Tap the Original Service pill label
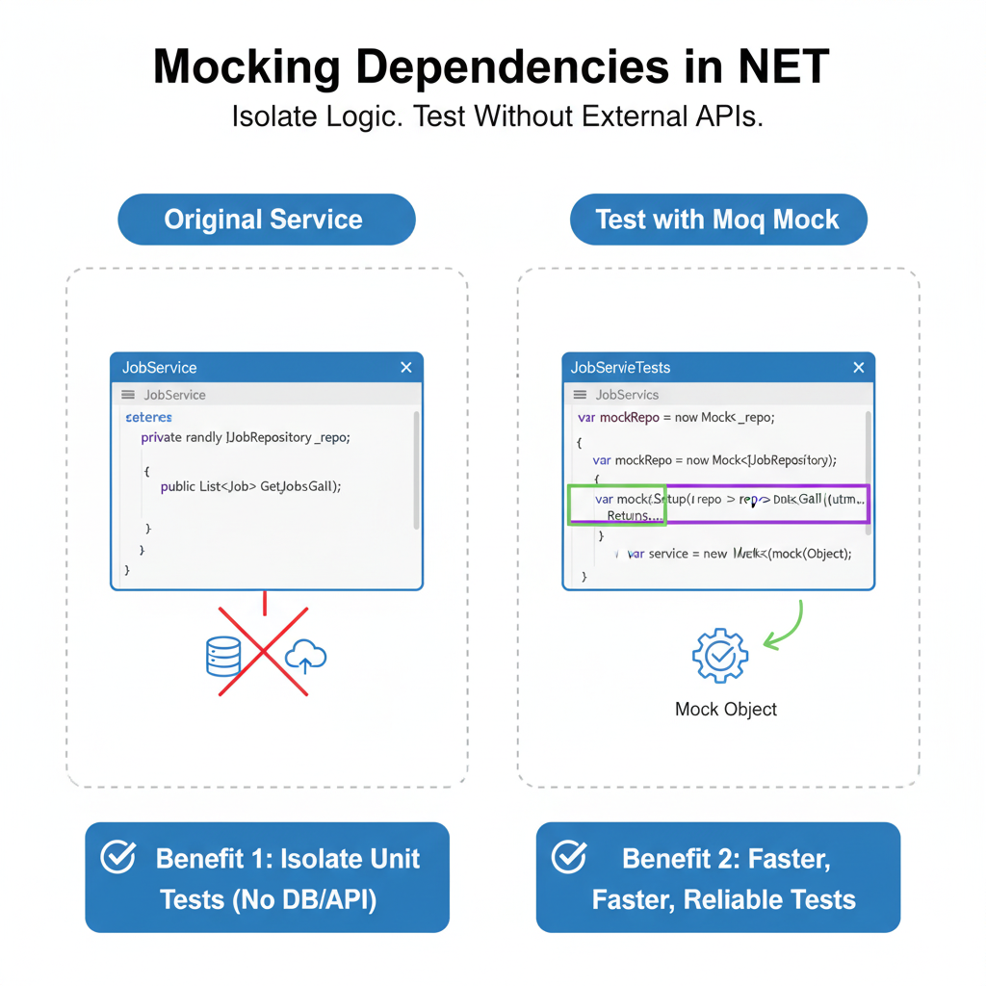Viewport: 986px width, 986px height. pyautogui.click(x=263, y=220)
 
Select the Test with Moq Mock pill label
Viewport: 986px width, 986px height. pyautogui.click(x=717, y=220)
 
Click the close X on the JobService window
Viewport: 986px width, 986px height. pyautogui.click(x=406, y=368)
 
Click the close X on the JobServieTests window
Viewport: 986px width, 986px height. pyautogui.click(x=859, y=368)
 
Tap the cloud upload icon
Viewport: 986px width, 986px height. pyautogui.click(x=306, y=657)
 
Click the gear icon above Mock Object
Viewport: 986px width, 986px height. pyautogui.click(x=719, y=656)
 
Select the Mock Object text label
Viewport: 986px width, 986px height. pyautogui.click(x=726, y=710)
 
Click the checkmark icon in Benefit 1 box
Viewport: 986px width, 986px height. pyautogui.click(x=118, y=857)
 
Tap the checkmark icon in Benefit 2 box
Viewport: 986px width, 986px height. pyautogui.click(x=570, y=857)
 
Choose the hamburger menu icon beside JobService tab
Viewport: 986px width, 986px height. pyautogui.click(x=128, y=395)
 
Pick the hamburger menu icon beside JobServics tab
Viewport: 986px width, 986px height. pyautogui.click(x=580, y=395)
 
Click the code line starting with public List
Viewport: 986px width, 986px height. pyautogui.click(x=250, y=486)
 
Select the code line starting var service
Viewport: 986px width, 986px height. pyautogui.click(x=739, y=554)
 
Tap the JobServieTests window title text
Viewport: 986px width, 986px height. pyautogui.click(x=620, y=368)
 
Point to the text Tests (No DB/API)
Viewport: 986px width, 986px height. pyautogui.click(x=268, y=900)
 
